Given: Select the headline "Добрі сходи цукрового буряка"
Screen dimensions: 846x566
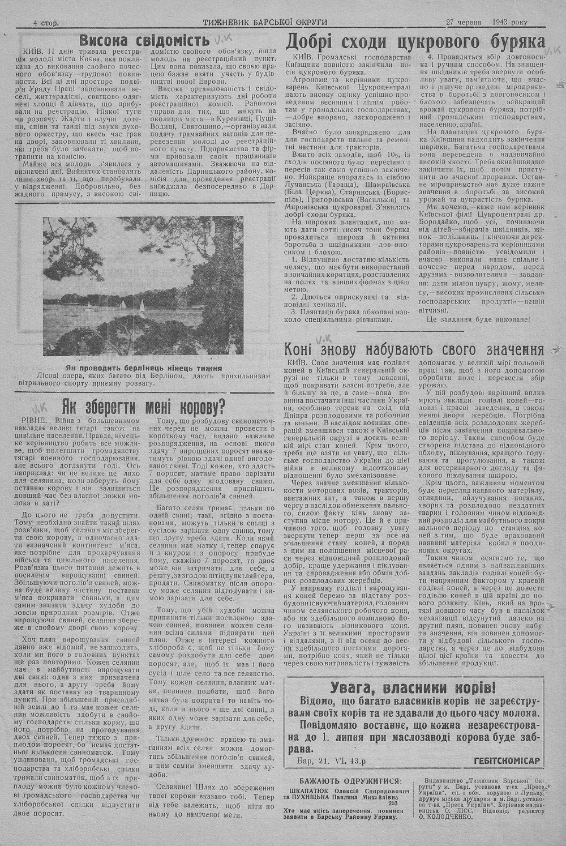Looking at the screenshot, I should tap(415, 42).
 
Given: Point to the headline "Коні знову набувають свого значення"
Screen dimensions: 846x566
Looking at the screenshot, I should tap(415, 348).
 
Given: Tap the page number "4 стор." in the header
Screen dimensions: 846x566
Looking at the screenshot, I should tap(47, 23).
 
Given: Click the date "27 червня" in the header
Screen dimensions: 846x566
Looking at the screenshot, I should tap(464, 23).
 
